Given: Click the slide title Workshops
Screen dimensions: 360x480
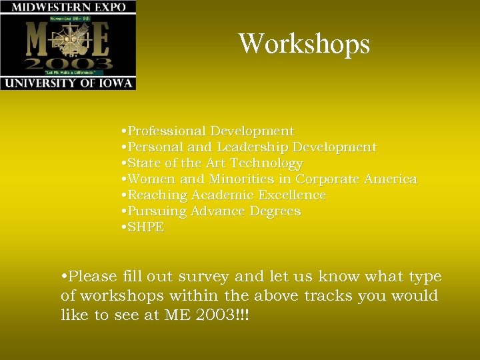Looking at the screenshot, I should click(x=304, y=44).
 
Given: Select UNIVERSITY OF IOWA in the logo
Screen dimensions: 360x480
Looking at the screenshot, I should click(x=68, y=83).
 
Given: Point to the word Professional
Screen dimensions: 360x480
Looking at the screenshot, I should click(x=166, y=131).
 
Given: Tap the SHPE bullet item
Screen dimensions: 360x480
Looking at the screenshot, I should click(x=145, y=227).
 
